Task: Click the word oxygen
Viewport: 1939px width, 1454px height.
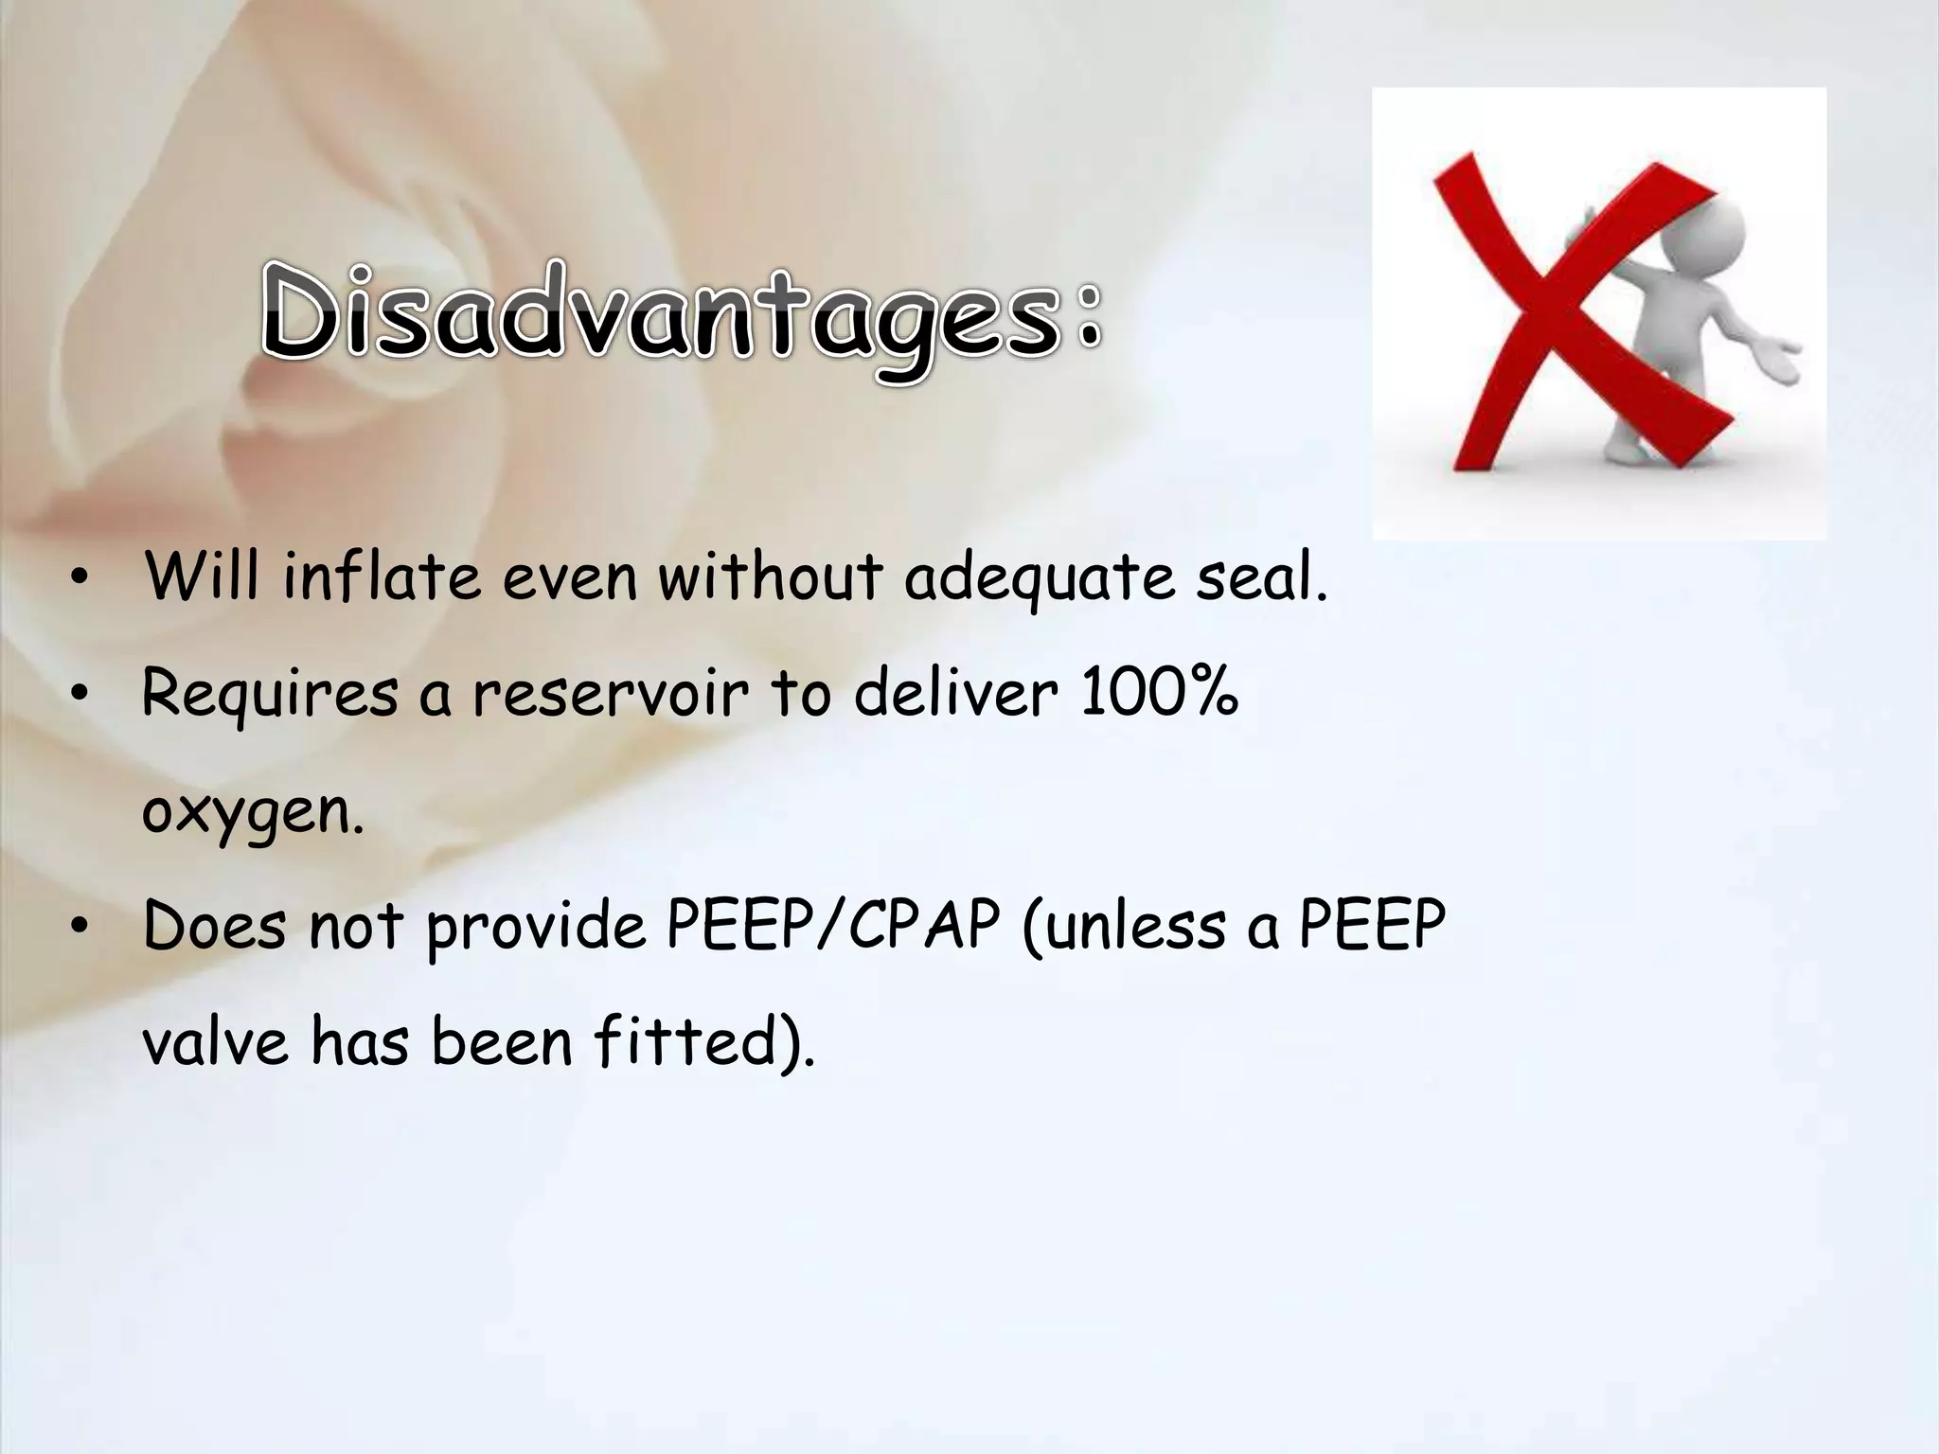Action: coord(252,812)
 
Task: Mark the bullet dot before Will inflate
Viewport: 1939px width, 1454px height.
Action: coord(81,579)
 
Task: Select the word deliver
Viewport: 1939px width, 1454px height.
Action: coord(955,692)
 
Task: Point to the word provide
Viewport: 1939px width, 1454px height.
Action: coord(536,927)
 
